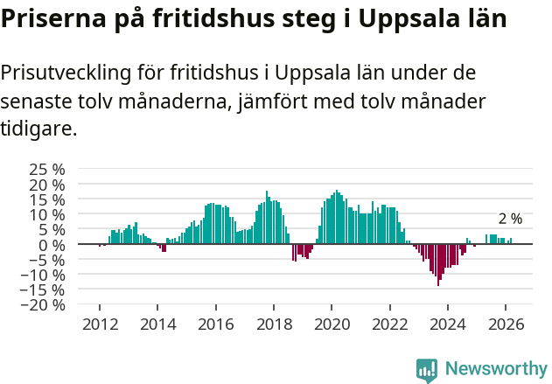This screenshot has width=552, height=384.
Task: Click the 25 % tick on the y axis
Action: coord(47,169)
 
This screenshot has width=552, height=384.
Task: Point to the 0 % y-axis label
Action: coord(52,244)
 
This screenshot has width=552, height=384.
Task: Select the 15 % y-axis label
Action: coord(47,199)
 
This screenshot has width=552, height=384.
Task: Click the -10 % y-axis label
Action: coord(44,275)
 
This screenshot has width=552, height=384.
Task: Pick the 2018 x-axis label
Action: coord(273,324)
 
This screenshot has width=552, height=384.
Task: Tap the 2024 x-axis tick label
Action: coord(447,324)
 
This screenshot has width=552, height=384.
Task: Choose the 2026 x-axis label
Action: coord(506,324)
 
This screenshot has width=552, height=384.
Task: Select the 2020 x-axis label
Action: coord(332,324)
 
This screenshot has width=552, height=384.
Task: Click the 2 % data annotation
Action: coord(510,219)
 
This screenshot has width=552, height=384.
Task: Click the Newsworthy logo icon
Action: coord(427,370)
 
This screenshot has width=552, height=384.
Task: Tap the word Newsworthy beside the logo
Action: coord(495,369)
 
